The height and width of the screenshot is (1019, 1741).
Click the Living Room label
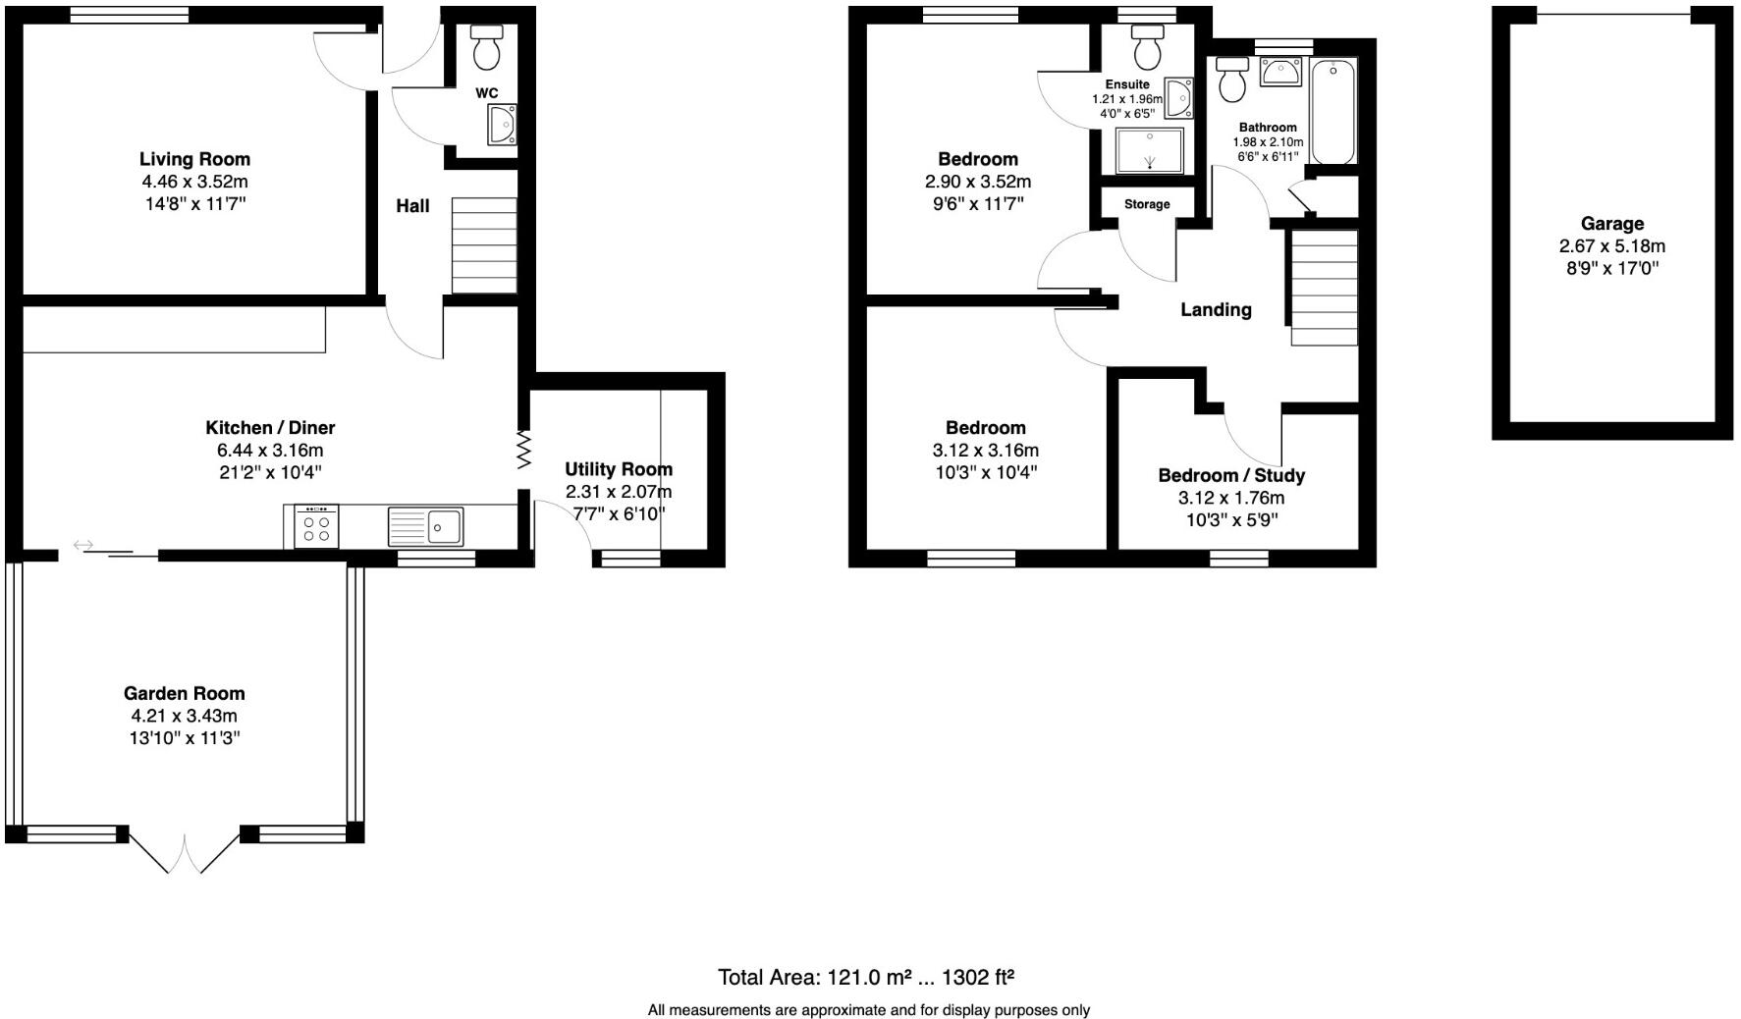point(194,159)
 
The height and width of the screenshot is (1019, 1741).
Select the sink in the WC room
point(504,126)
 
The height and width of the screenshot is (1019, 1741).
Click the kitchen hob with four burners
point(316,527)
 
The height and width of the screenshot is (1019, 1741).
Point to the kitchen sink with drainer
point(425,526)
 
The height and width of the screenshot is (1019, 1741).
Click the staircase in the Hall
point(484,245)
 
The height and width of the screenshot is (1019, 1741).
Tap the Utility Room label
point(619,469)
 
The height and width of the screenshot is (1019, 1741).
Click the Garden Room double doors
point(185,852)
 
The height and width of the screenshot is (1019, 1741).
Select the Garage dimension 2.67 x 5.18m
point(1611,246)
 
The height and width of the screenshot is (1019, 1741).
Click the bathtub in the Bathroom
point(1333,111)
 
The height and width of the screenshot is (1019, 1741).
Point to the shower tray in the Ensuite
point(1150,151)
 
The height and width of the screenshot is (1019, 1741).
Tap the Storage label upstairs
point(1147,204)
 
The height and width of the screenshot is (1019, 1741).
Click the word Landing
point(1216,310)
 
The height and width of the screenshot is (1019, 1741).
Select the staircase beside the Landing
point(1324,288)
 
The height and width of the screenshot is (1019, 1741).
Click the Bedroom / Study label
point(1231,476)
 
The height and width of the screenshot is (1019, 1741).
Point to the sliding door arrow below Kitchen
point(83,545)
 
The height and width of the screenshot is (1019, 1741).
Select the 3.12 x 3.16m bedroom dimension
point(985,451)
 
